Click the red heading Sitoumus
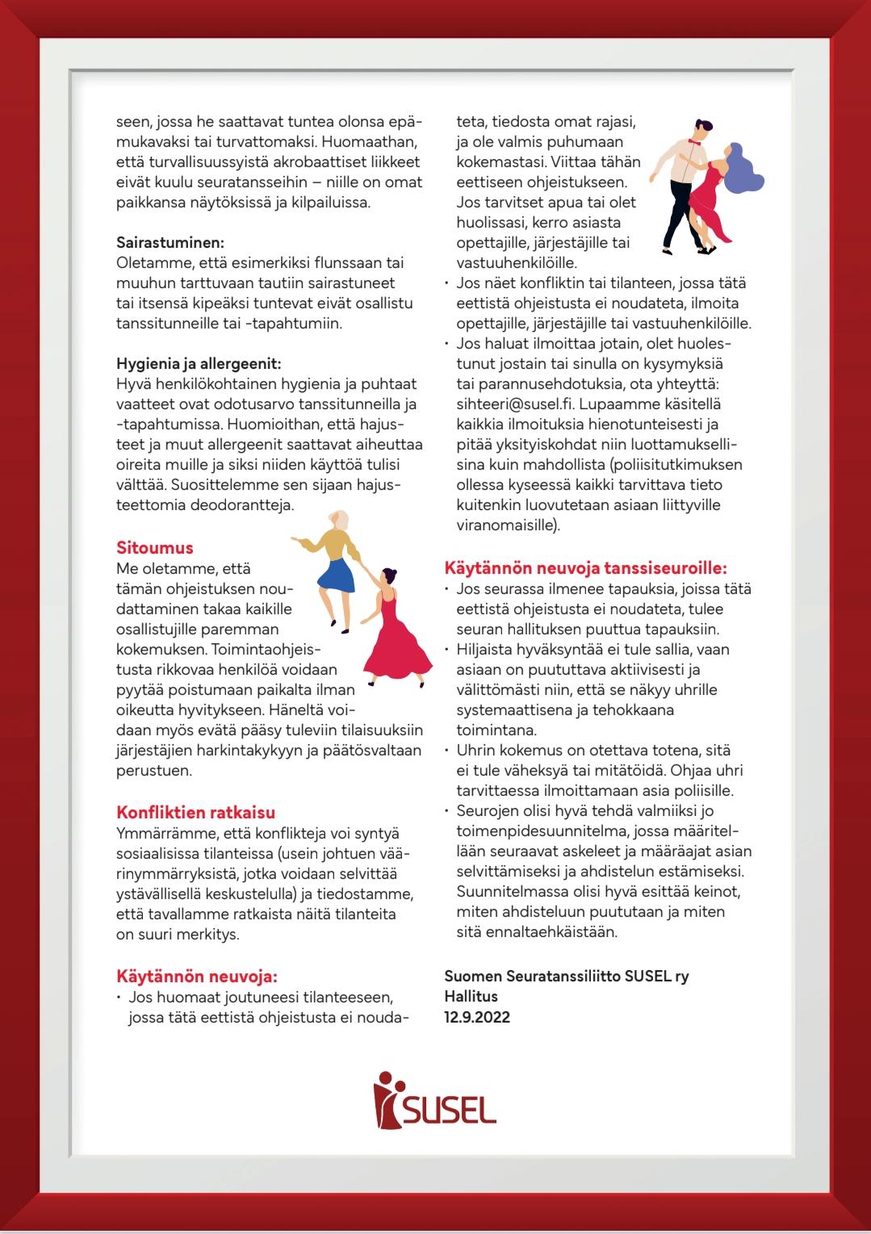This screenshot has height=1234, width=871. click(x=155, y=548)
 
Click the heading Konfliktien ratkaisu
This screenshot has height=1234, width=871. click(x=196, y=813)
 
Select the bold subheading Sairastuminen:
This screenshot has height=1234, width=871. click(x=170, y=242)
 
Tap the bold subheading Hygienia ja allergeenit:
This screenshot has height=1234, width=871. click(x=199, y=363)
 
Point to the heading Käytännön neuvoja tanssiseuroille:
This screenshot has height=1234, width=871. click(x=586, y=568)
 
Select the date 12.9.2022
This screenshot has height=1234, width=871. click(x=477, y=1017)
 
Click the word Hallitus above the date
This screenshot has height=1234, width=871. click(x=471, y=997)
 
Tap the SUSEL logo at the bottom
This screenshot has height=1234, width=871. click(x=435, y=1099)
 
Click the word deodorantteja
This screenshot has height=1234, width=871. click(x=245, y=505)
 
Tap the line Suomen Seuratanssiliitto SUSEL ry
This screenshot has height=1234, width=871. click(x=567, y=977)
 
